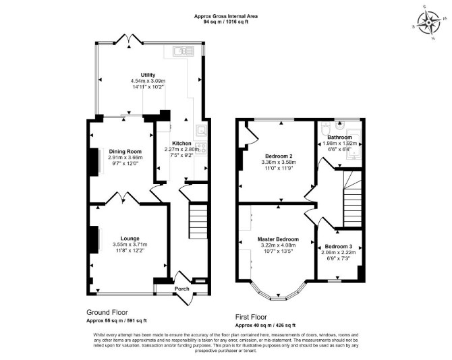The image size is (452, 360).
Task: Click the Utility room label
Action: click(148, 75)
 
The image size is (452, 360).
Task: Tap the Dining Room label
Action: click(125, 152)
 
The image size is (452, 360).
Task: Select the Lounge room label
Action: click(130, 239)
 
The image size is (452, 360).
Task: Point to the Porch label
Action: click(182, 289)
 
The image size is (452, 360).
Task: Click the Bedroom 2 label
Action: click(279, 156)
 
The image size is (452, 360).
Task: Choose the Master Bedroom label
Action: click(278, 239)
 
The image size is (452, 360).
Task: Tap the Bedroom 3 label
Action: click(339, 247)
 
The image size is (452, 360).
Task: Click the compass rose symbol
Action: click(429, 22)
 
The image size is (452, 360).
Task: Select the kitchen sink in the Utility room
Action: click(183, 51)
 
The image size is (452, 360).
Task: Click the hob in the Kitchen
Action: click(200, 148)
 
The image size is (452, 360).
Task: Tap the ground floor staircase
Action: click(198, 220)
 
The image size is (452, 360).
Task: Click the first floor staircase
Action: click(352, 199)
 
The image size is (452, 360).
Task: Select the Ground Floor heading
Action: click(107, 312)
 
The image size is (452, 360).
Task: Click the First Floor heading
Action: click(251, 317)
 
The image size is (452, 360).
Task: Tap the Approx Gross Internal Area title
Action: click(226, 16)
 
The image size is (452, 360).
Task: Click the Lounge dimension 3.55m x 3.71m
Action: click(130, 245)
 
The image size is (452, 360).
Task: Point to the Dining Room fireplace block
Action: click(94, 162)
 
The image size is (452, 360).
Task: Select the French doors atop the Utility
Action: click(129, 40)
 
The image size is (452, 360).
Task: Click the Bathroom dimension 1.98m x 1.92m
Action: click(339, 144)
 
